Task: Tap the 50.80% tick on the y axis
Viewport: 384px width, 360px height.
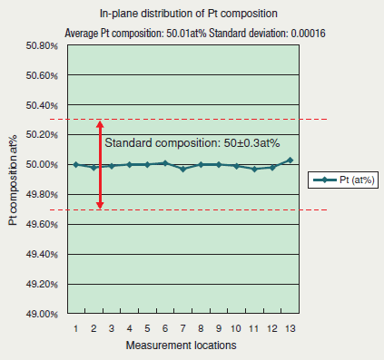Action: pos(42,45)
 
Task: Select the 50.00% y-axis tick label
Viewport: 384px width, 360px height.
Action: pos(42,164)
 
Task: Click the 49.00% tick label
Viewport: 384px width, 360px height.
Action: pos(42,314)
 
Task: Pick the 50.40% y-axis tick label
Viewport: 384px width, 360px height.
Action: pos(42,105)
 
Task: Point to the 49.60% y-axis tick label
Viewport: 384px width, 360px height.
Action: pos(42,224)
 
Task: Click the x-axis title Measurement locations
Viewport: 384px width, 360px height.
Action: pos(182,346)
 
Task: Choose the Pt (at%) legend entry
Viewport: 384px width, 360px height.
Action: pos(344,180)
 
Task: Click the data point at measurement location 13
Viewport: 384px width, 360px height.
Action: pos(289,160)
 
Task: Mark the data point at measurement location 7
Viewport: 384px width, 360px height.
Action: pos(182,169)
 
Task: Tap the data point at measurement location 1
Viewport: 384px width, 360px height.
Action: pos(76,164)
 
